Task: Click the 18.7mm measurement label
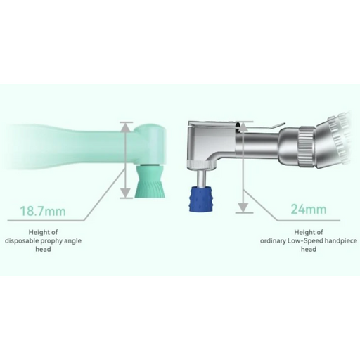pos(43,211)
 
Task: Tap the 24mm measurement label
pos(309,209)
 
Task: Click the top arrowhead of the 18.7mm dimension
pos(127,127)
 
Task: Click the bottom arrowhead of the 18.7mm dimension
pos(127,193)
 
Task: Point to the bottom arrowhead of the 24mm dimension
pos(244,208)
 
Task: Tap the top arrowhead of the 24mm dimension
pos(244,126)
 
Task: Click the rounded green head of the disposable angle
pos(150,144)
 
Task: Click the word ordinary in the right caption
pos(273,241)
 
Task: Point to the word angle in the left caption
pos(72,241)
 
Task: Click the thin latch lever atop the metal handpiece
pos(262,126)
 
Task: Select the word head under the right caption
pos(309,249)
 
